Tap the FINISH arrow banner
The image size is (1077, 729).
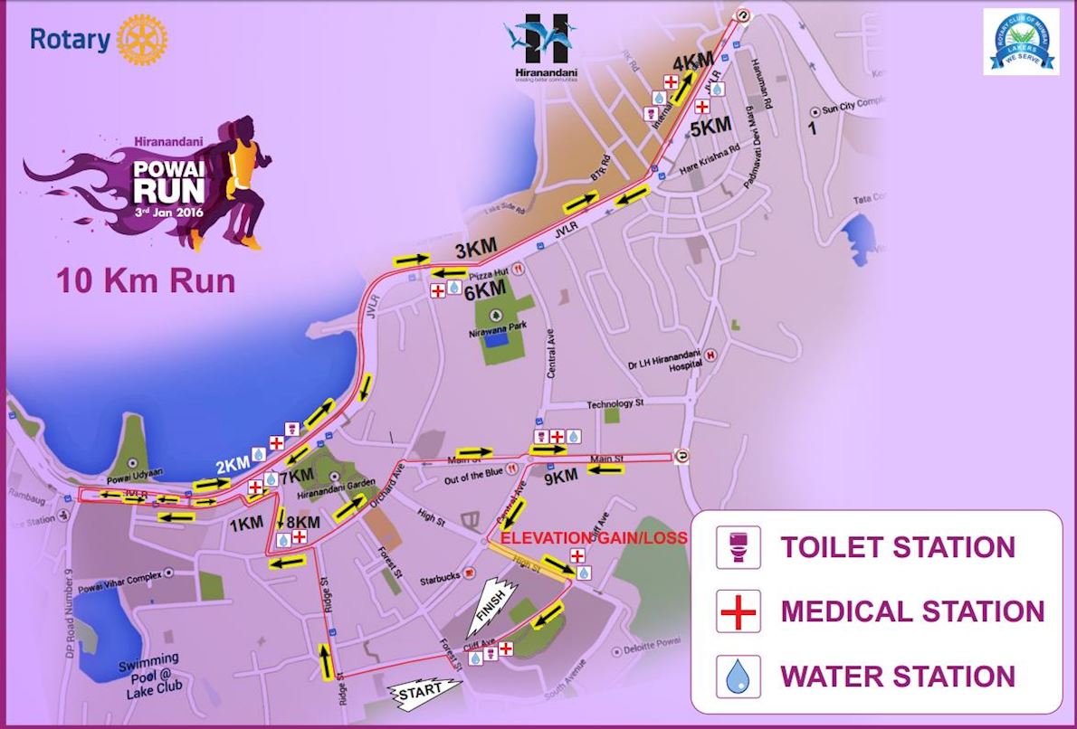(490, 609)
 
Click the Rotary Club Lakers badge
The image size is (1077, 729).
(1021, 42)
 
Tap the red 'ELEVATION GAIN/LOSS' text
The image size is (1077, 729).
(594, 537)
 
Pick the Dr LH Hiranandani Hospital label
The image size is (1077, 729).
(658, 361)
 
